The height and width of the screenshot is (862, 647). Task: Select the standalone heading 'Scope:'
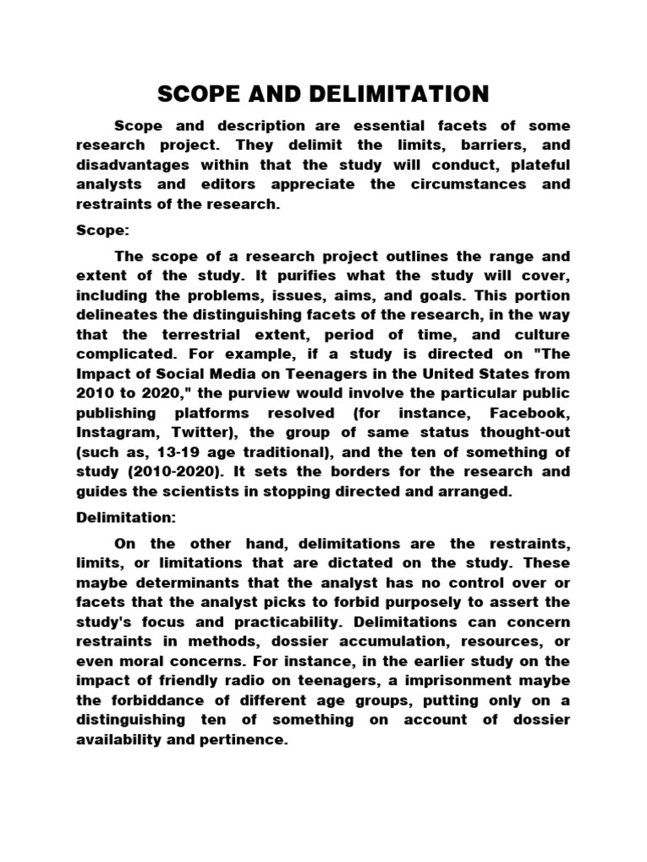(x=99, y=227)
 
